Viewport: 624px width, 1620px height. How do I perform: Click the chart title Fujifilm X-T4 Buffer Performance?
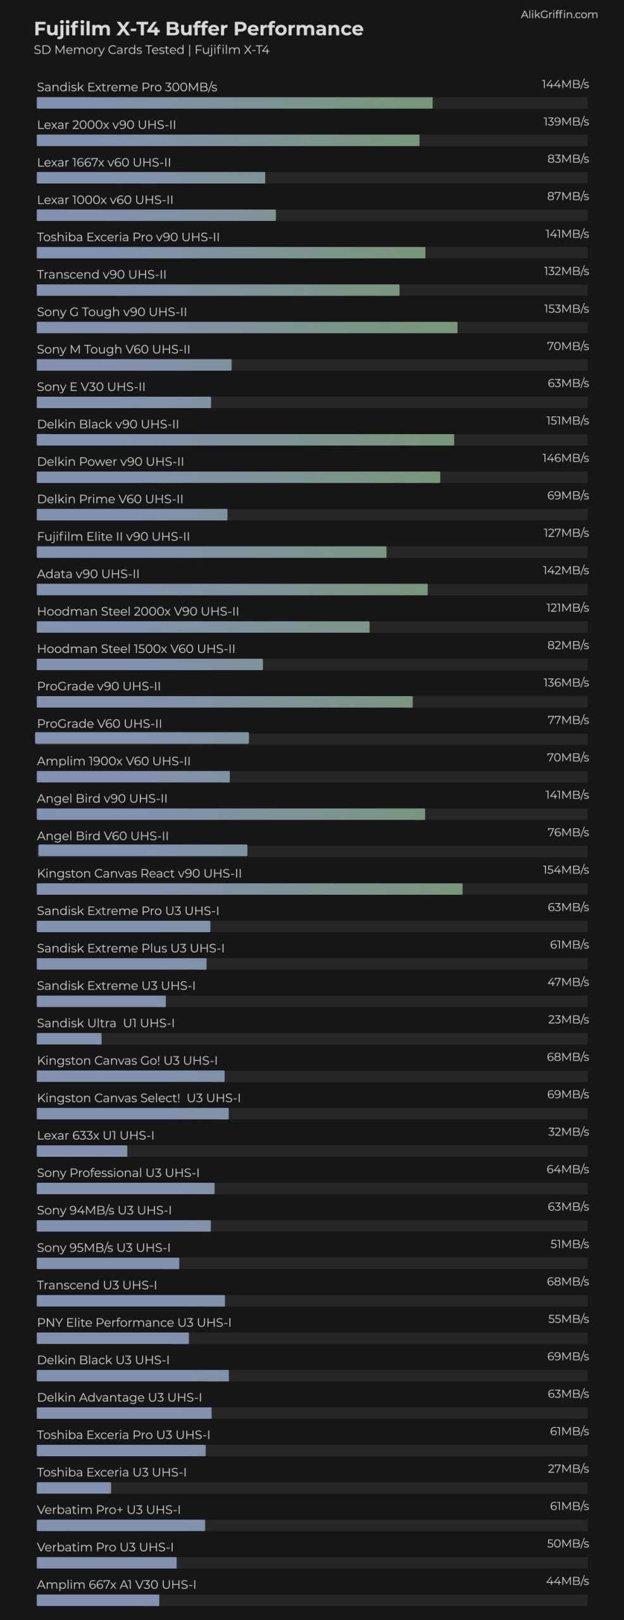click(198, 28)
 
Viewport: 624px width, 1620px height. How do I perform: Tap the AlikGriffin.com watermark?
click(559, 15)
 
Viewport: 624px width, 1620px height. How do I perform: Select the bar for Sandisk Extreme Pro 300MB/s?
click(234, 103)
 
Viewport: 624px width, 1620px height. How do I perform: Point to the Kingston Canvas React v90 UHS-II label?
click(139, 873)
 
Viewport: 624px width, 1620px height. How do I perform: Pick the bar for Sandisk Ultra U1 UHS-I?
click(69, 1038)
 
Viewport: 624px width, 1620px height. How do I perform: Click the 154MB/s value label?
click(565, 870)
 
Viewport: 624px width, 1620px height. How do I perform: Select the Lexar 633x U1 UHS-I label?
click(96, 1135)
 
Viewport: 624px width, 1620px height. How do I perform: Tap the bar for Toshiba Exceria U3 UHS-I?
click(73, 1488)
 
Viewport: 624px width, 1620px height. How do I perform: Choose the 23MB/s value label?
click(568, 1019)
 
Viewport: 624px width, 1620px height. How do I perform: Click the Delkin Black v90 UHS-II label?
click(108, 424)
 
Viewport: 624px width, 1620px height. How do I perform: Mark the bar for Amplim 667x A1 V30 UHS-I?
click(97, 1600)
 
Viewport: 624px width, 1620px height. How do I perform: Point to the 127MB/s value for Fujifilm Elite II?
click(566, 533)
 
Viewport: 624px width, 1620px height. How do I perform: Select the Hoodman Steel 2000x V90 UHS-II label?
click(138, 611)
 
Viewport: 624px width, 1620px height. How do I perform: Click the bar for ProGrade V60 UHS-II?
click(142, 738)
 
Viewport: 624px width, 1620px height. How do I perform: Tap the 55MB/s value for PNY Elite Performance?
click(568, 1319)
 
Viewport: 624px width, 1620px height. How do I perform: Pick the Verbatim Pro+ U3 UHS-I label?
click(109, 1509)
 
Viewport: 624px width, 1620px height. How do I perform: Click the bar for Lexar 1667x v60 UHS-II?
click(151, 178)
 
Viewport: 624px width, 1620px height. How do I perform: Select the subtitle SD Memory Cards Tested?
click(109, 50)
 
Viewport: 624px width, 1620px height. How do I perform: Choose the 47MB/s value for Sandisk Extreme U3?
click(568, 982)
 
